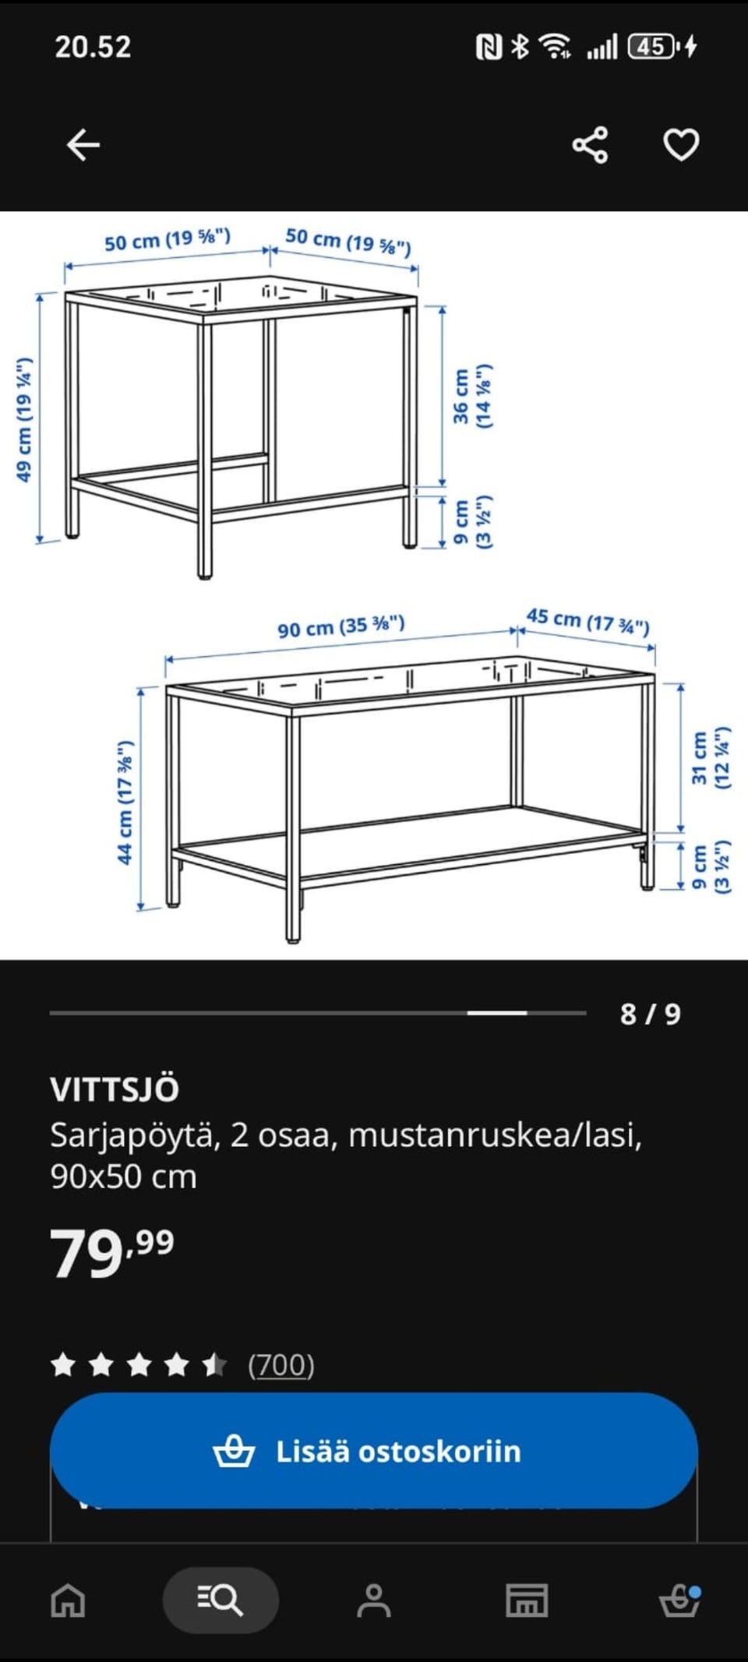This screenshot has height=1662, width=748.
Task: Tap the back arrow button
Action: (83, 145)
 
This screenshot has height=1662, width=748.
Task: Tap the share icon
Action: (590, 145)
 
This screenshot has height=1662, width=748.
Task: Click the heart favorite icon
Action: (680, 145)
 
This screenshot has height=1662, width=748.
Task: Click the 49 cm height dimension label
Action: (25, 420)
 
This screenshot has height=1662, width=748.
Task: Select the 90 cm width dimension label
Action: (341, 626)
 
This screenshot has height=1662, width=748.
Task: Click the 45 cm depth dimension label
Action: (587, 621)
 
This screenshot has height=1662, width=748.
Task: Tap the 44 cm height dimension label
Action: (125, 802)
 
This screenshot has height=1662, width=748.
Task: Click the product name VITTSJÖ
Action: (115, 1089)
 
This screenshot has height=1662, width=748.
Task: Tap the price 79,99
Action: (111, 1253)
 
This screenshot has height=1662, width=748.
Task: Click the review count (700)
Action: (280, 1365)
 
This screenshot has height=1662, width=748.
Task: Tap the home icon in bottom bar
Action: (68, 1600)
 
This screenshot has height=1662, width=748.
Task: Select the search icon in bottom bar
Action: (221, 1600)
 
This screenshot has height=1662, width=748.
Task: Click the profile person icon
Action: (373, 1600)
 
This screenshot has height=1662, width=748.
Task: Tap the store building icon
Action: (527, 1600)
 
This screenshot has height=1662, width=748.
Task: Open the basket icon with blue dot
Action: (679, 1600)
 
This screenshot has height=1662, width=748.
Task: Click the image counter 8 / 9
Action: (650, 1014)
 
